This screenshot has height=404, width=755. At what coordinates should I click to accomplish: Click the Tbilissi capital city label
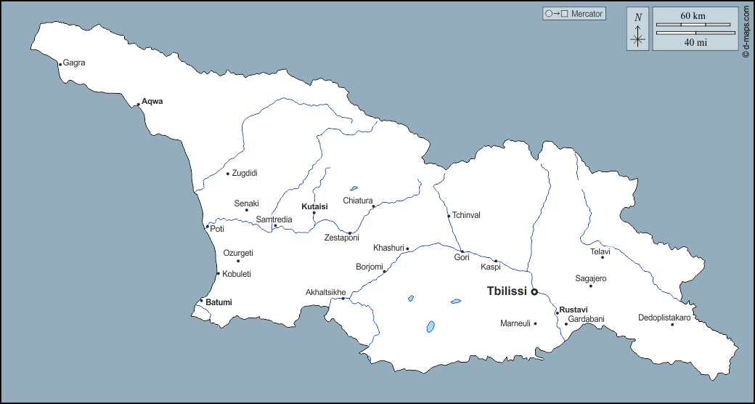click(x=506, y=291)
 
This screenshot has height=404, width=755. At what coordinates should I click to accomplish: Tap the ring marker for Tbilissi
click(x=534, y=292)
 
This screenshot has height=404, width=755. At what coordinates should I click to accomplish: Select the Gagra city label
click(x=74, y=62)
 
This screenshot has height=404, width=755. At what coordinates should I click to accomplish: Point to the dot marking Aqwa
click(x=138, y=105)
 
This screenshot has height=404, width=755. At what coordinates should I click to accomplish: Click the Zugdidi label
click(x=245, y=173)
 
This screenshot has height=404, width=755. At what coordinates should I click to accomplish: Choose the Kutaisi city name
click(x=314, y=206)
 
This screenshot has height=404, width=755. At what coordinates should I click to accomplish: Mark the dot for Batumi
click(x=201, y=301)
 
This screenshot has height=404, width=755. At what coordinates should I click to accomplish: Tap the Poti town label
click(x=217, y=229)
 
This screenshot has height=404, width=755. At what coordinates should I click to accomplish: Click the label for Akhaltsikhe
click(x=326, y=293)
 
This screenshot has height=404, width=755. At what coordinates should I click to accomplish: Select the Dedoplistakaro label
click(x=664, y=318)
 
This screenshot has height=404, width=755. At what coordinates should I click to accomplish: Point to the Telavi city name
click(x=600, y=252)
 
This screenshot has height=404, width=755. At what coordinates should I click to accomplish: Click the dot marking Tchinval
click(x=449, y=216)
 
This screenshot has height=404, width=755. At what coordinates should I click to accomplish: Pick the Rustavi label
click(x=574, y=310)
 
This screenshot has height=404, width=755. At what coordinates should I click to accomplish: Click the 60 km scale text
click(x=693, y=16)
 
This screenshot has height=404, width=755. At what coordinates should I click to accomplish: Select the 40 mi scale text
click(x=695, y=42)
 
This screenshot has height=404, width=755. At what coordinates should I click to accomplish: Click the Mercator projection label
click(x=587, y=14)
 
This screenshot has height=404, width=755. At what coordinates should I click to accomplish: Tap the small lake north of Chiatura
click(x=354, y=188)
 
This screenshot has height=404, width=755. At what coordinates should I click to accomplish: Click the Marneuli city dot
click(x=535, y=323)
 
